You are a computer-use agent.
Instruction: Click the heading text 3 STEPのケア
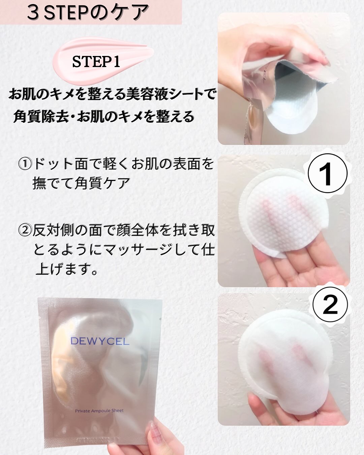click(88, 13)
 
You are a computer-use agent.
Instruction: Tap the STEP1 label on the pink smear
click(96, 62)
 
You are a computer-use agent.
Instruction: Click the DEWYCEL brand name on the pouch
click(100, 341)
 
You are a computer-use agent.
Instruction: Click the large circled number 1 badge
click(328, 173)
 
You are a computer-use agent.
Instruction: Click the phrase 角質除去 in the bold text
click(41, 117)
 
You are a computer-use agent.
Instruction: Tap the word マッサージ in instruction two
click(142, 250)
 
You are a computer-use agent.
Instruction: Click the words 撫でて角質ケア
click(81, 183)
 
